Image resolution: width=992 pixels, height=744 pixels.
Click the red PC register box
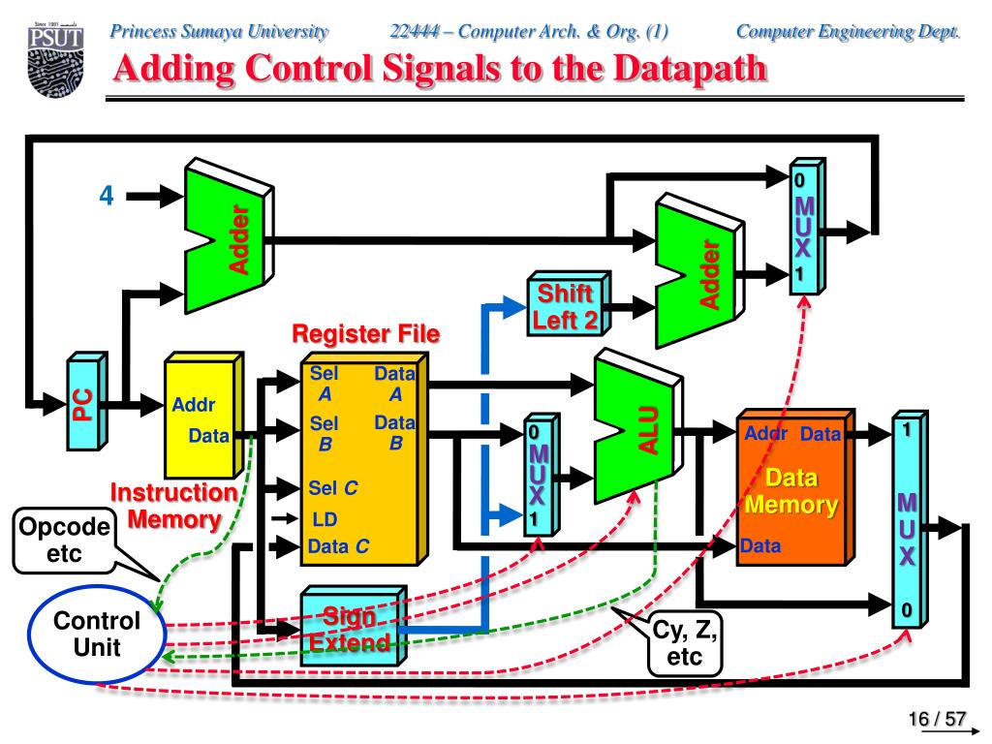(84, 404)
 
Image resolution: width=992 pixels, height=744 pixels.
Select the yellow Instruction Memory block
(201, 416)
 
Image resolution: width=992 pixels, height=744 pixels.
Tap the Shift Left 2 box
(567, 306)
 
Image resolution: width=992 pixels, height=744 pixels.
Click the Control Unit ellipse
(97, 635)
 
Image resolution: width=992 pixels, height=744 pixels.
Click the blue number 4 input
(107, 196)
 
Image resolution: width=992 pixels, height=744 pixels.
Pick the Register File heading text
(366, 335)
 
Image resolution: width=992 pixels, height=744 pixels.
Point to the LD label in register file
(325, 520)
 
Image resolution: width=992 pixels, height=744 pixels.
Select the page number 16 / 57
(937, 719)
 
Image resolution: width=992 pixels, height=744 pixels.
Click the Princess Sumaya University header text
(219, 31)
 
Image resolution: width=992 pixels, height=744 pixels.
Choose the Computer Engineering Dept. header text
(848, 31)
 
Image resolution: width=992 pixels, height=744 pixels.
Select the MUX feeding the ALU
(539, 476)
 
